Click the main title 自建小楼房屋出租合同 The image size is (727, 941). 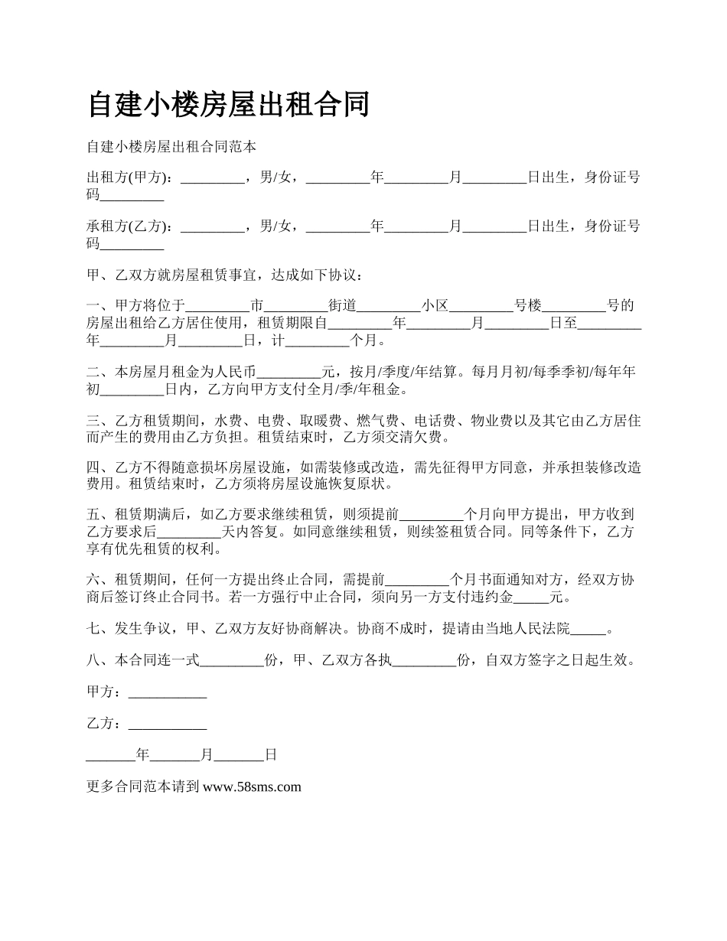[229, 105]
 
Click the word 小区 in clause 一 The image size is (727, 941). [435, 306]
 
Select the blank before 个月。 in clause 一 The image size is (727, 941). [317, 340]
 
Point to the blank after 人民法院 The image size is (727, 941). [588, 630]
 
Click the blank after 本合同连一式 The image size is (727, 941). [232, 661]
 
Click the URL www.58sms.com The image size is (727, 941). [253, 786]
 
